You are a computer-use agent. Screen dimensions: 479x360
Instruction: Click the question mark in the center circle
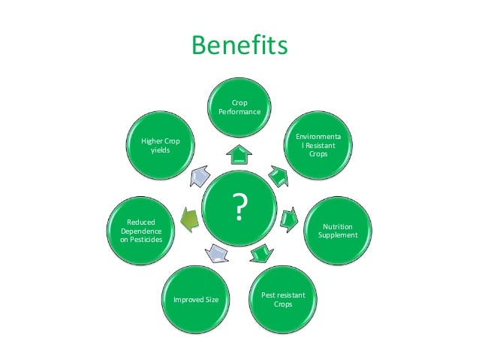(x=239, y=207)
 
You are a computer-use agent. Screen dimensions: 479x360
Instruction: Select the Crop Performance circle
(x=239, y=107)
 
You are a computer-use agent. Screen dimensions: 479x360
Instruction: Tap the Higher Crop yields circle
(x=160, y=144)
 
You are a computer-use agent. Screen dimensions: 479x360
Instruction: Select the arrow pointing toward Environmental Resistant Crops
(x=277, y=177)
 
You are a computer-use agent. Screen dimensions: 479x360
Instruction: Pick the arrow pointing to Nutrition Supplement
(x=289, y=220)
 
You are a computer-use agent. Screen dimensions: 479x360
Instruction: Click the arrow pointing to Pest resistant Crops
(x=260, y=253)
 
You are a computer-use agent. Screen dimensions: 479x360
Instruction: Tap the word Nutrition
(x=336, y=225)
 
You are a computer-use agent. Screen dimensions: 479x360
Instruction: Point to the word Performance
(x=239, y=111)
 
